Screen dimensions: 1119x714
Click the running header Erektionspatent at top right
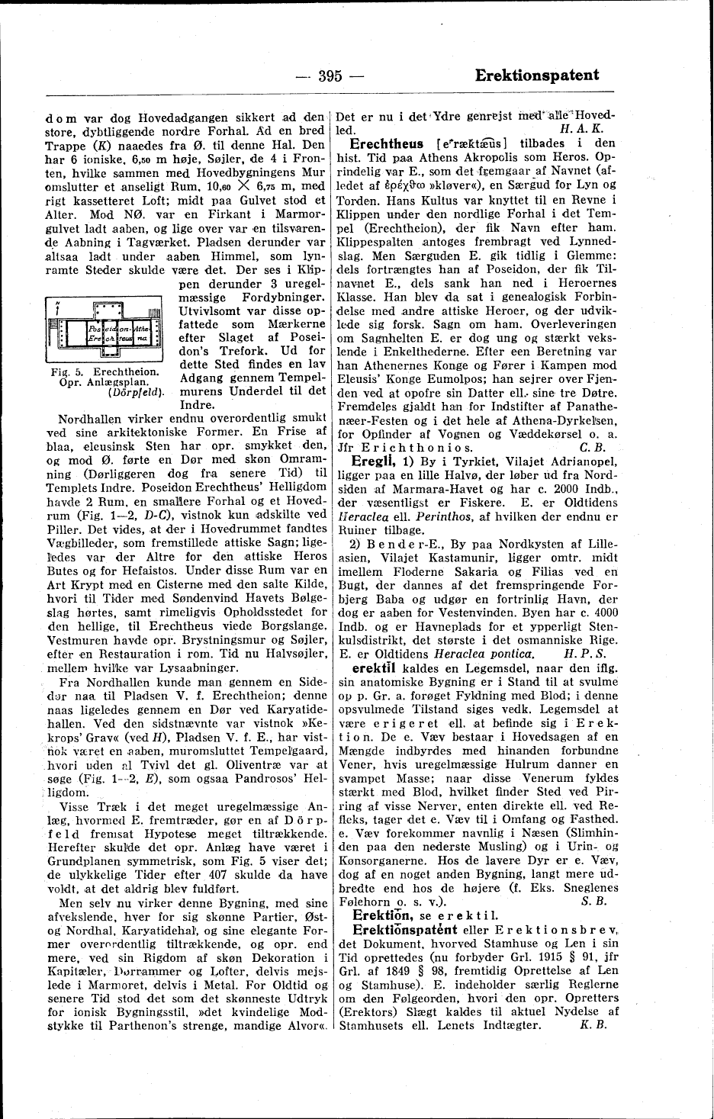click(536, 75)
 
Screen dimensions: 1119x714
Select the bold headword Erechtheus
click(386, 143)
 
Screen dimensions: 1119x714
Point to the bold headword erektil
click(367, 667)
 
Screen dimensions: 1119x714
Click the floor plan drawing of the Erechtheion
click(103, 329)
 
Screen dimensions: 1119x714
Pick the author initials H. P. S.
click(584, 653)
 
